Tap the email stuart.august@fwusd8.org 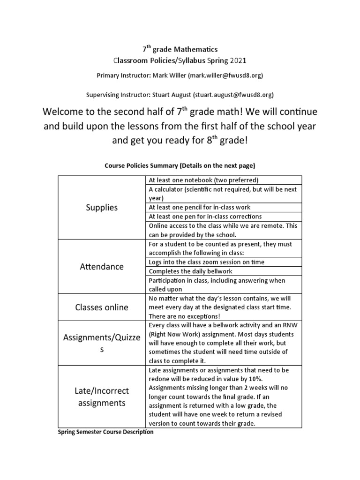234,95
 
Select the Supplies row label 102,207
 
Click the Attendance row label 102,266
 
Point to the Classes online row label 102,307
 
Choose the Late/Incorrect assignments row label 102,397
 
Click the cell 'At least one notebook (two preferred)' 203,180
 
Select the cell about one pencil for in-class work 199,207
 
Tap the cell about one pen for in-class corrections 204,217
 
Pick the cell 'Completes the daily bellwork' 190,271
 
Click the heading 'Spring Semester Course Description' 105,432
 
